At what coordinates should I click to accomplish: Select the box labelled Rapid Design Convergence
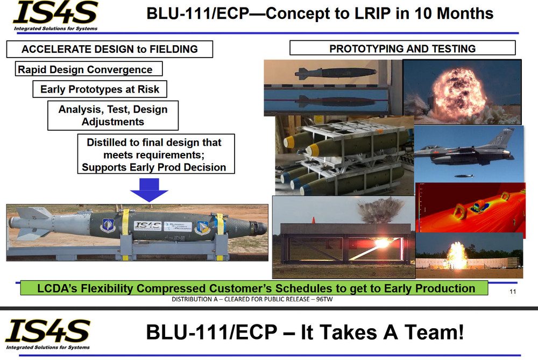[89, 69]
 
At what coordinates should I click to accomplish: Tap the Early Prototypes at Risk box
[100, 89]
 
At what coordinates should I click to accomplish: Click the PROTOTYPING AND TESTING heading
[402, 48]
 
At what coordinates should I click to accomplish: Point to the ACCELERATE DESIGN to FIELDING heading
[109, 49]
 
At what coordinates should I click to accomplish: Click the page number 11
[513, 292]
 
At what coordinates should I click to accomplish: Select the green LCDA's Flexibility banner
[254, 288]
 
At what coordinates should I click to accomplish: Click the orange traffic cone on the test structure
[313, 220]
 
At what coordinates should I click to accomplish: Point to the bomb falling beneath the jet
[464, 176]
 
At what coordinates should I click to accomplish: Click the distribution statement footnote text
[252, 299]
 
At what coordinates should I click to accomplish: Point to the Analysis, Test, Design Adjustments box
[113, 115]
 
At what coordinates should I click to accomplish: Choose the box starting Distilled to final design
[156, 154]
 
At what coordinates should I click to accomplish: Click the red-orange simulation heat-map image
[470, 208]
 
